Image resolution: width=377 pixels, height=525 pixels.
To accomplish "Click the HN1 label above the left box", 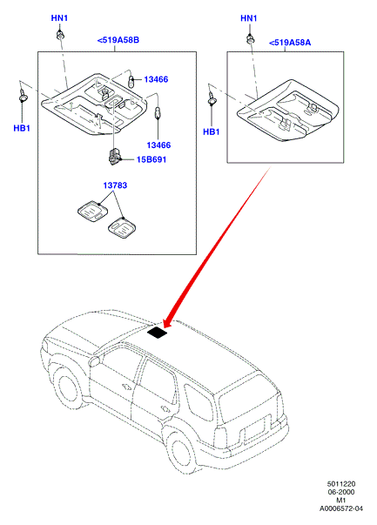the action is pyautogui.click(x=59, y=18).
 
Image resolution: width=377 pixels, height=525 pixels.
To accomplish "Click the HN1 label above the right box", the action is pyautogui.click(x=249, y=18).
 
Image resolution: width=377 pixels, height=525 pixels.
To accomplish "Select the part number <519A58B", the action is pyautogui.click(x=118, y=40).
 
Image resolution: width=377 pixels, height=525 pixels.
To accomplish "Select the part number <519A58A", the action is pyautogui.click(x=290, y=43).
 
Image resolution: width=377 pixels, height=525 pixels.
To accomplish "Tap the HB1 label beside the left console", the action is pyautogui.click(x=22, y=128).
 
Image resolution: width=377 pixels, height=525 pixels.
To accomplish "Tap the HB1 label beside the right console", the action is pyautogui.click(x=212, y=132).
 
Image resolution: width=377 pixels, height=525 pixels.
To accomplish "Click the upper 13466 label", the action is pyautogui.click(x=156, y=79).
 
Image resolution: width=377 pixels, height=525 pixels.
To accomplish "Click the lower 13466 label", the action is pyautogui.click(x=158, y=145).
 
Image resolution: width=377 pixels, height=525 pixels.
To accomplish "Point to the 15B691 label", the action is pyautogui.click(x=151, y=159).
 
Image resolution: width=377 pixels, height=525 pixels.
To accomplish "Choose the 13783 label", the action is pyautogui.click(x=115, y=185).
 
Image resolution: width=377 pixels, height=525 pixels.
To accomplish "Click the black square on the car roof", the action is pyautogui.click(x=157, y=333).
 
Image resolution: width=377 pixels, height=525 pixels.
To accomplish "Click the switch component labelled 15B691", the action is pyautogui.click(x=113, y=157).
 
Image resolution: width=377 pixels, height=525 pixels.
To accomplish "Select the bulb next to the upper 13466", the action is pyautogui.click(x=131, y=81).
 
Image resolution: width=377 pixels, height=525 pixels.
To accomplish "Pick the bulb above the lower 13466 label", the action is pyautogui.click(x=158, y=112).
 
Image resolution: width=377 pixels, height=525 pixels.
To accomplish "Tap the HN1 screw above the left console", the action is pyautogui.click(x=60, y=35).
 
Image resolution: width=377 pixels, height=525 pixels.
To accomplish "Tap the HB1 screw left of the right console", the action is pyautogui.click(x=212, y=100).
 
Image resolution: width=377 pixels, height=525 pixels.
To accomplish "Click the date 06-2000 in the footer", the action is pyautogui.click(x=340, y=492).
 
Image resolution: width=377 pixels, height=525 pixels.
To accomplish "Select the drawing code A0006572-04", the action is pyautogui.click(x=340, y=509).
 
